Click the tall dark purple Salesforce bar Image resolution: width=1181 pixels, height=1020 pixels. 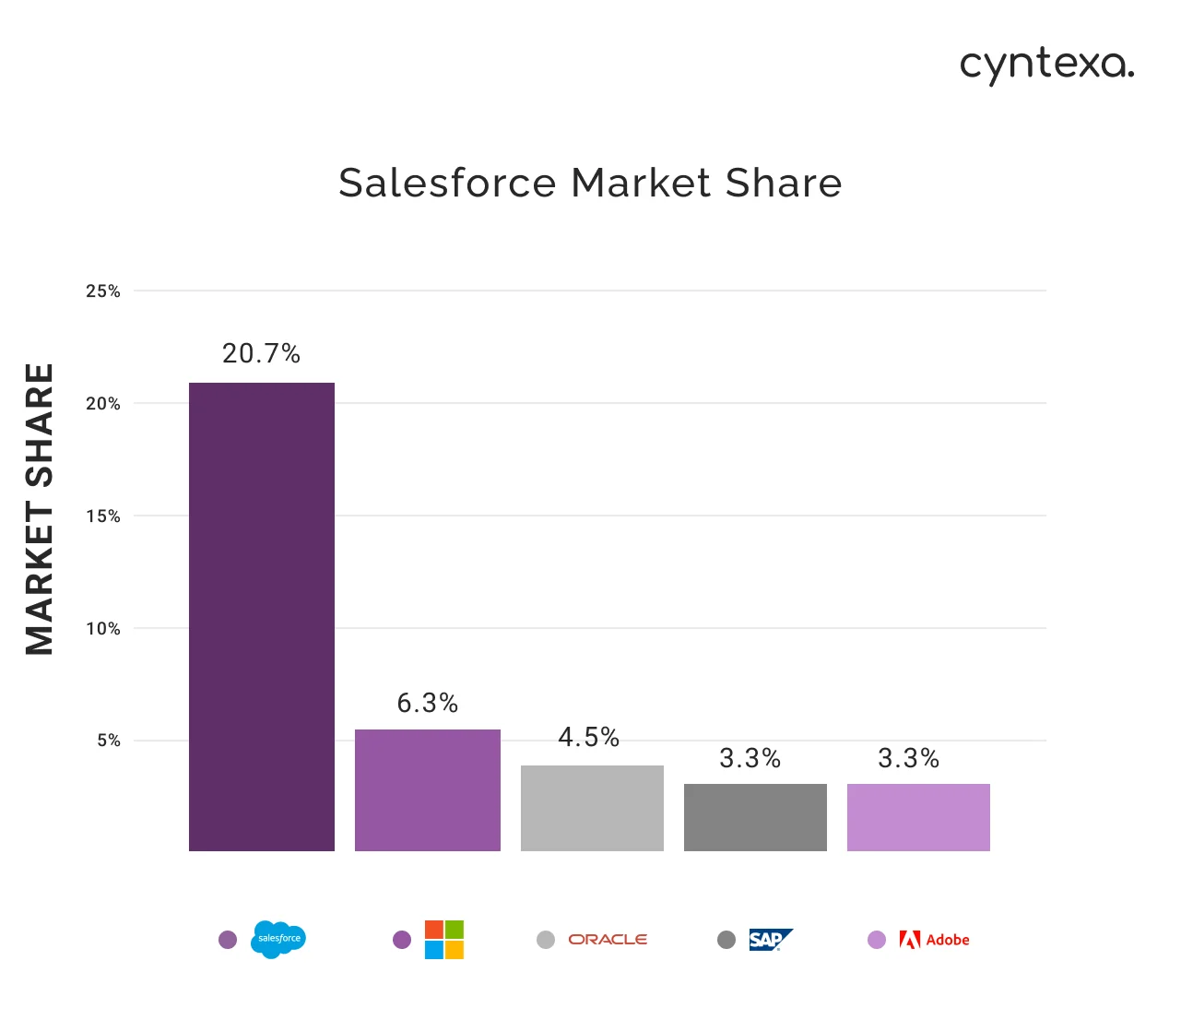262,616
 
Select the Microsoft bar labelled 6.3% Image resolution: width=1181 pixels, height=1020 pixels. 428,790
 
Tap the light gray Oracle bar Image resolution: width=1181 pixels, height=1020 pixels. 592,808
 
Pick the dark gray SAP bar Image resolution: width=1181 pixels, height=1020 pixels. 755,817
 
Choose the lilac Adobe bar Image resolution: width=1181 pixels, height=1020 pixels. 918,817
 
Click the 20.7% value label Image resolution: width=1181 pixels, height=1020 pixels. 262,354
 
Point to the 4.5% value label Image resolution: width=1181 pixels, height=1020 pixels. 588,738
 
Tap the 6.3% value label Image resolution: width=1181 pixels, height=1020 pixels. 428,704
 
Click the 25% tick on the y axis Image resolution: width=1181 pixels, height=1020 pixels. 103,291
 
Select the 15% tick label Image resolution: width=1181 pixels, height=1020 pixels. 103,516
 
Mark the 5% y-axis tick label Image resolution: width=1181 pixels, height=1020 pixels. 109,741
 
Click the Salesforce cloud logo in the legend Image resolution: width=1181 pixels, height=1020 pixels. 278,939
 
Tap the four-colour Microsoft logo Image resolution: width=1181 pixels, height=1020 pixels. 444,940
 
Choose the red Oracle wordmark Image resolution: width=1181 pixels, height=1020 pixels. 608,940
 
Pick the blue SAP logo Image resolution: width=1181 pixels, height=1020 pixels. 770,940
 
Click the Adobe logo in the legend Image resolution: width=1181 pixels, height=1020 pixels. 934,940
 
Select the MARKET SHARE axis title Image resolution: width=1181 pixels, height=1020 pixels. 40,509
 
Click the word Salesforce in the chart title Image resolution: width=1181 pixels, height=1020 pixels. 447,183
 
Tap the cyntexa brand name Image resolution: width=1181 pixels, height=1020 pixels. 1046,65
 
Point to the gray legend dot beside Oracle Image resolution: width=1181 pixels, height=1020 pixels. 546,940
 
